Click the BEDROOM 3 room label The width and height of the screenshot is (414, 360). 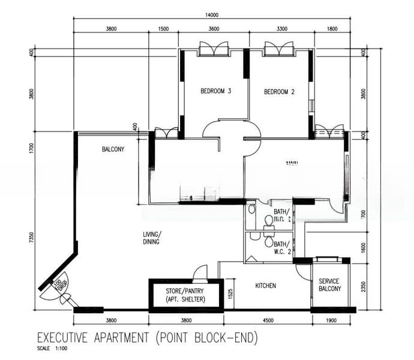pos(216,92)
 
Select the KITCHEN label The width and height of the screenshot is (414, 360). pos(265,286)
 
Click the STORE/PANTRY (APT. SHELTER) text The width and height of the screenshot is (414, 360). pos(185,295)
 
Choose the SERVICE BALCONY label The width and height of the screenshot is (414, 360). pos(329,285)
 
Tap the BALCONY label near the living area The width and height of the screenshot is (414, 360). pos(113,149)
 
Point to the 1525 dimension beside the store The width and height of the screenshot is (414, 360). pos(230,294)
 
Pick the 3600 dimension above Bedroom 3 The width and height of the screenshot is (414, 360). pos(214,28)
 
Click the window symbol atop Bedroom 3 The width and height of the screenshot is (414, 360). pos(214,49)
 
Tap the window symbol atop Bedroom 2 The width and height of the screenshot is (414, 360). pos(278,49)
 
